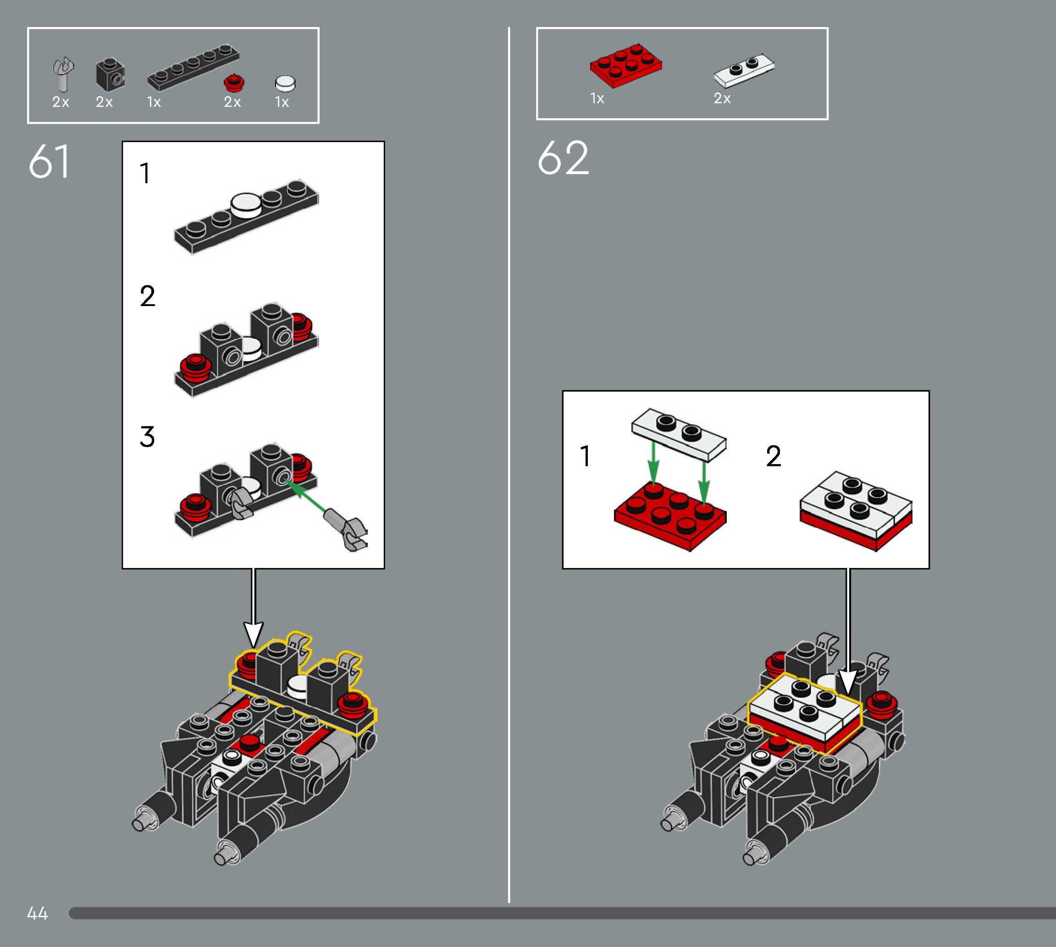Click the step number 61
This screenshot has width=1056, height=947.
click(x=49, y=162)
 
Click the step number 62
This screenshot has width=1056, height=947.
click(x=563, y=158)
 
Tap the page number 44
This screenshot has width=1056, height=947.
click(x=38, y=913)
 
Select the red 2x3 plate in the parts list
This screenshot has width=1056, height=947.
click(x=626, y=65)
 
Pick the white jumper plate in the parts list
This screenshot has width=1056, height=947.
click(x=744, y=70)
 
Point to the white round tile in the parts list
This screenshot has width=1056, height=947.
click(x=285, y=84)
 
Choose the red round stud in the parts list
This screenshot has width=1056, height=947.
click(x=234, y=83)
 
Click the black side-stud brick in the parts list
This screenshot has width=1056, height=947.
click(x=111, y=74)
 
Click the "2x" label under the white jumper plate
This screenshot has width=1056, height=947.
click(x=722, y=99)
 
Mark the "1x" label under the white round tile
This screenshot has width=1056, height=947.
click(x=282, y=102)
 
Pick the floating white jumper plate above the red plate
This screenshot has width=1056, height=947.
click(x=679, y=435)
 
